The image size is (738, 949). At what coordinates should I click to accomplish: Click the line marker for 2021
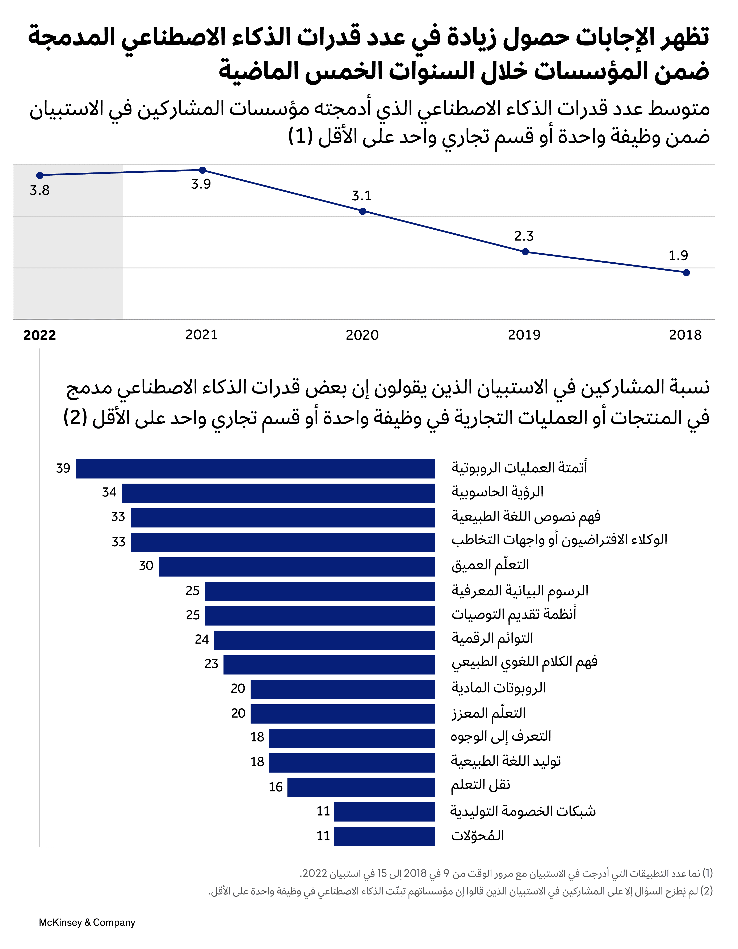tap(202, 170)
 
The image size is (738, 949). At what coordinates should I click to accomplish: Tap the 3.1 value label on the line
tap(361, 196)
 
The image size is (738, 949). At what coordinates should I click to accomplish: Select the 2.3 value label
tap(524, 236)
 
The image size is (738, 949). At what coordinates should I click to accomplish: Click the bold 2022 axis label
tap(39, 335)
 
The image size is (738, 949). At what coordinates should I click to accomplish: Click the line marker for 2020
tap(363, 211)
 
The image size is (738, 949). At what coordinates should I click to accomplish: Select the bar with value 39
tap(255, 468)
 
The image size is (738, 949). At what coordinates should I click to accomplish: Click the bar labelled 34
tap(278, 493)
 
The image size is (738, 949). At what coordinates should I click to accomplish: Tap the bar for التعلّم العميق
tap(297, 567)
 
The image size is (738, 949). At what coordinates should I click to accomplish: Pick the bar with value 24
tap(324, 640)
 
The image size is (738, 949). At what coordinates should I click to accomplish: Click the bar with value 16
tap(361, 787)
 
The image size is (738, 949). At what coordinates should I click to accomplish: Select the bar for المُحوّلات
tap(384, 836)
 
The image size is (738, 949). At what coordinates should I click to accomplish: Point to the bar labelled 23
tap(329, 664)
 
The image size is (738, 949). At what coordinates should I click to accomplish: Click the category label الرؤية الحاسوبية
tap(497, 492)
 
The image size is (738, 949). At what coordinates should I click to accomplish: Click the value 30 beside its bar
tap(146, 566)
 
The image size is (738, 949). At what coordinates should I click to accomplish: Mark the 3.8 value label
tap(39, 190)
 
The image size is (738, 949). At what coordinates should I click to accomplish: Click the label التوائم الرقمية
tap(492, 638)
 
